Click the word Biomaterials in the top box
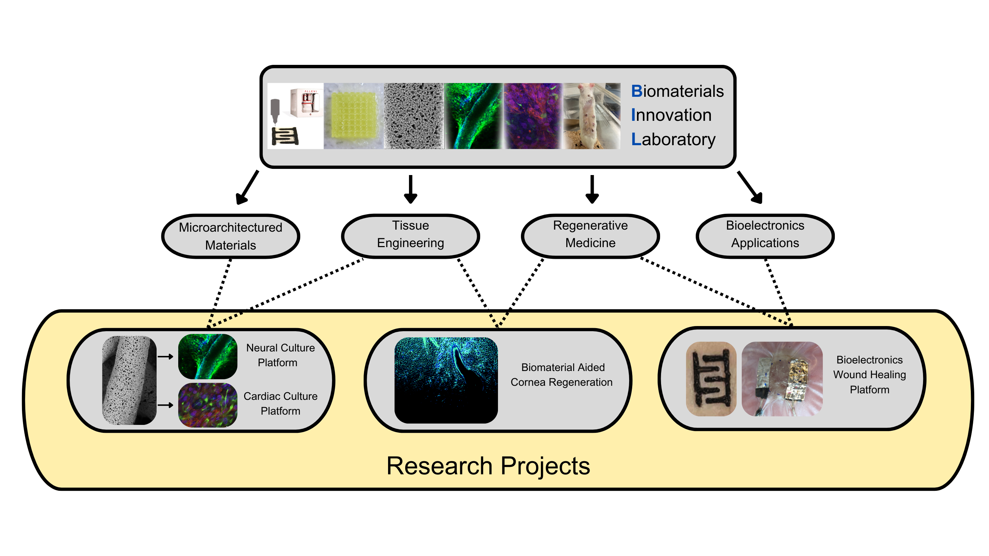click(x=677, y=91)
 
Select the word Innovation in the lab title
click(x=671, y=115)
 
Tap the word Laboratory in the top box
click(x=673, y=139)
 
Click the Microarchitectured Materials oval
click(x=231, y=236)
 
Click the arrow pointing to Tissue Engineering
click(x=410, y=189)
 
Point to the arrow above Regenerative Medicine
click(x=592, y=189)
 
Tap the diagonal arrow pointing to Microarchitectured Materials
click(x=247, y=188)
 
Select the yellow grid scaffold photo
click(x=354, y=116)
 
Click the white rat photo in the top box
click(x=592, y=116)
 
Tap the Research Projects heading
click(x=488, y=466)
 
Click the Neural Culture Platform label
click(x=280, y=355)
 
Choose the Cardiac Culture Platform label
click(x=280, y=404)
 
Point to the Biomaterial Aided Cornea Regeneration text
click(x=562, y=375)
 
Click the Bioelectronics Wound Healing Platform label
click(x=869, y=375)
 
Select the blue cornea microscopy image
click(x=446, y=380)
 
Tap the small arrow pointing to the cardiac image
click(x=166, y=405)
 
